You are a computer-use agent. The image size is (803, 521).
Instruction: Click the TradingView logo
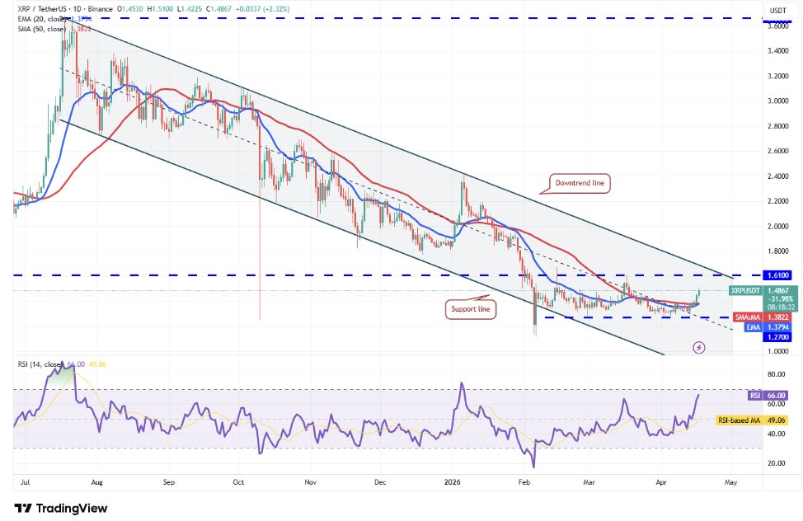pos(61,508)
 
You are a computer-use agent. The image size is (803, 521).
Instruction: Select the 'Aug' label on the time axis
pos(97,479)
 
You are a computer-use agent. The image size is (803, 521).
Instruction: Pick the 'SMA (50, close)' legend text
pos(43,29)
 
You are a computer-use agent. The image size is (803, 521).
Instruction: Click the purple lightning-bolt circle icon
pos(699,347)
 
